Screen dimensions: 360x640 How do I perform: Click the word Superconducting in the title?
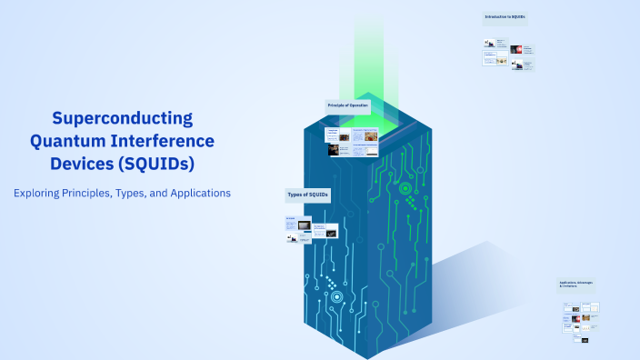point(123,118)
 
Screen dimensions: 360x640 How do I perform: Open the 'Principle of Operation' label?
point(348,106)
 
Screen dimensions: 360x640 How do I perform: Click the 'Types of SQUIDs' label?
point(308,195)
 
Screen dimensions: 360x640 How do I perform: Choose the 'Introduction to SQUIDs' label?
point(505,17)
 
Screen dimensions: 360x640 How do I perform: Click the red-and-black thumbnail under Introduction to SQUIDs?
point(515,49)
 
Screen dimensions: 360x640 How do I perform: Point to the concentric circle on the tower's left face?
point(337,296)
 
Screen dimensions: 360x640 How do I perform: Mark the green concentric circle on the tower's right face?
point(405,189)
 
